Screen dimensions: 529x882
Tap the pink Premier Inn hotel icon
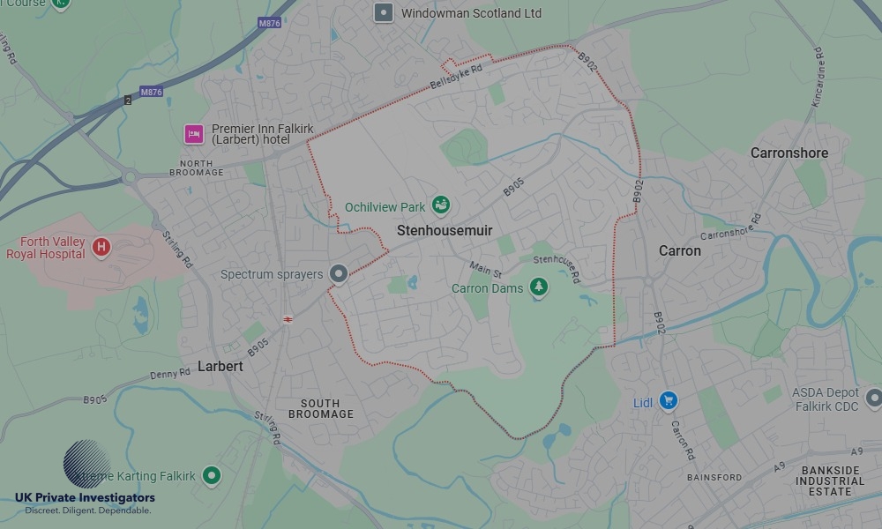(x=193, y=134)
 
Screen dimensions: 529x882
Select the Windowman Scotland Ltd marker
(x=384, y=12)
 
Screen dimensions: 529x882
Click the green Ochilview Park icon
(x=441, y=206)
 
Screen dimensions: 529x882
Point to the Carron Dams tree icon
(x=538, y=287)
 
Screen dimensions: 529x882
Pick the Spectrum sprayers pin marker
(x=338, y=274)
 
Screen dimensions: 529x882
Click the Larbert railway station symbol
(x=288, y=319)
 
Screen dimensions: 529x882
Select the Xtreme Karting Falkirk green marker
(x=211, y=476)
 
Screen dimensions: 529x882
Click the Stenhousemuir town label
(x=445, y=230)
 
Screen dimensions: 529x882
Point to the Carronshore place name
(x=789, y=153)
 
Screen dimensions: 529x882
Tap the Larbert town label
(x=220, y=365)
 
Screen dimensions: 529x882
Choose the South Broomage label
(x=321, y=407)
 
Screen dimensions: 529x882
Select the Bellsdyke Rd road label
(x=456, y=77)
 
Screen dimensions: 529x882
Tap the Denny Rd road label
(x=172, y=374)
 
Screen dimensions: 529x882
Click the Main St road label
(x=485, y=268)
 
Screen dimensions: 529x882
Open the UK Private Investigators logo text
(x=85, y=498)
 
